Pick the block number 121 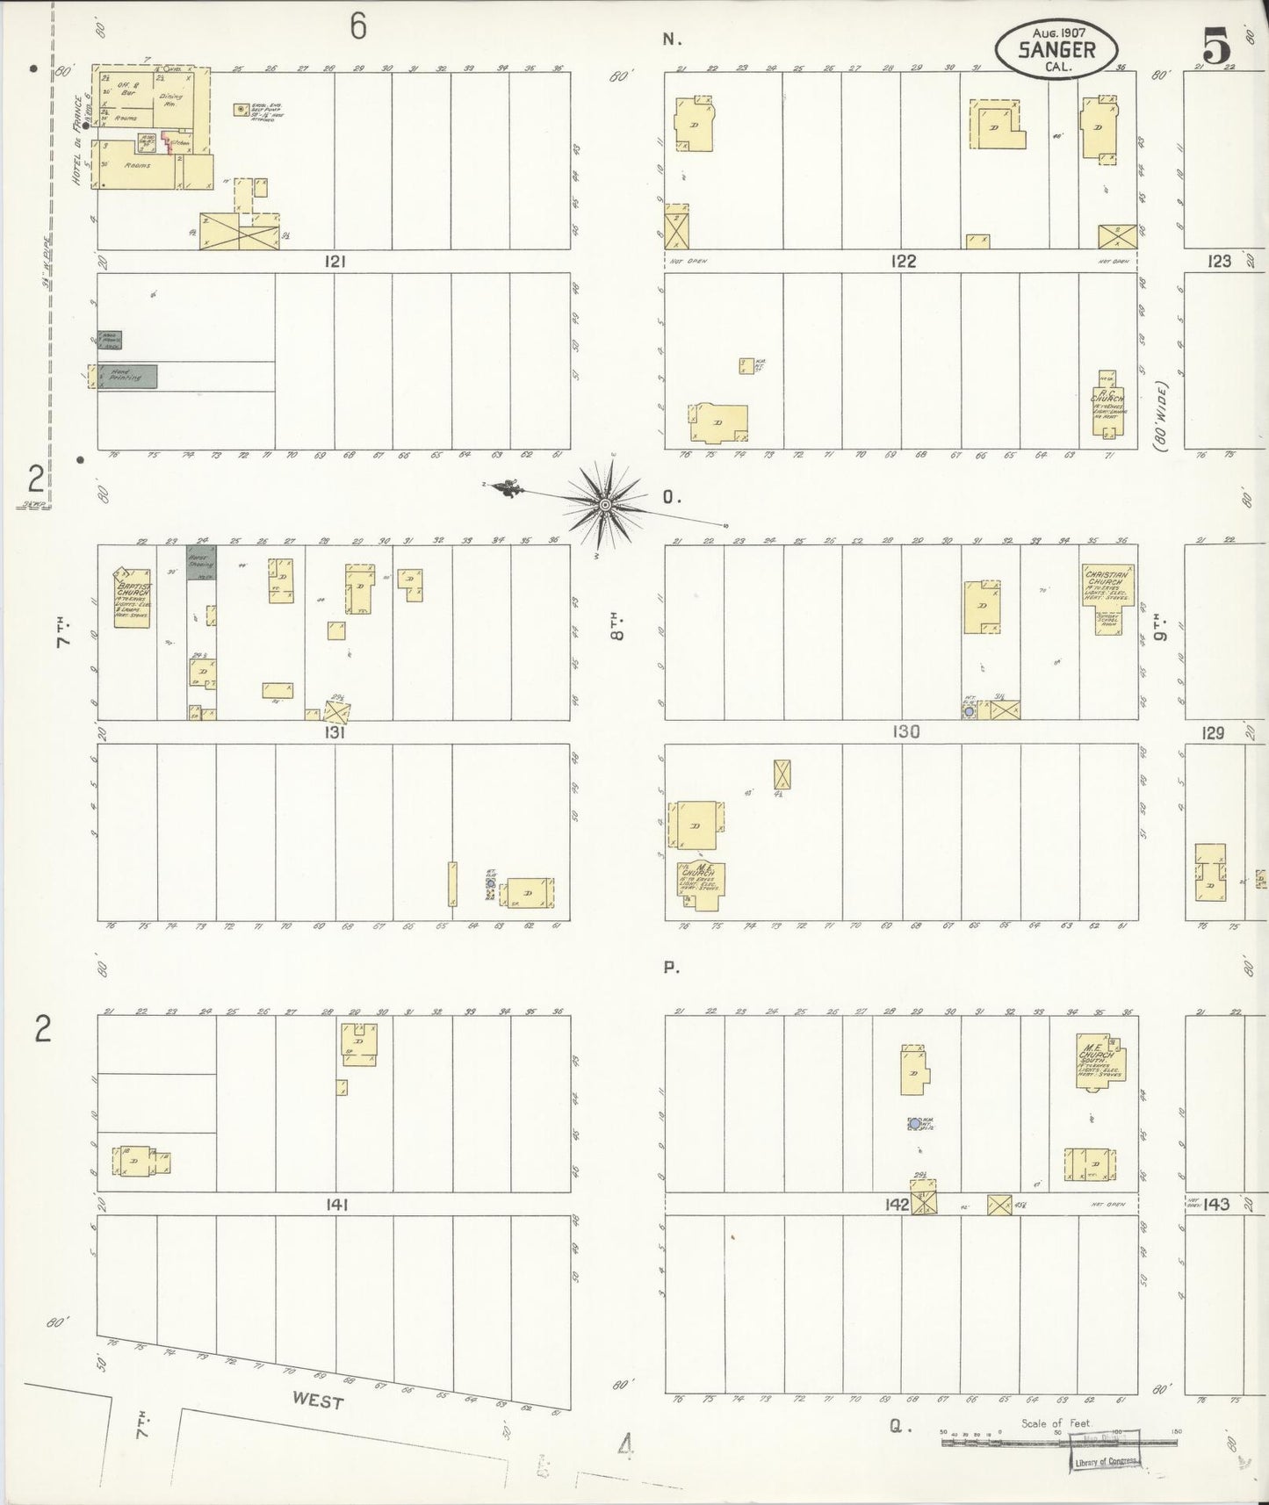point(335,261)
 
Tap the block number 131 point(335,731)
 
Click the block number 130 point(905,731)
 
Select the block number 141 point(336,1205)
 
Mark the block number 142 point(897,1205)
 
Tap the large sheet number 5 point(1216,46)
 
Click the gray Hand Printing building point(127,376)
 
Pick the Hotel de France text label point(77,140)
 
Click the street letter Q point(896,1427)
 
